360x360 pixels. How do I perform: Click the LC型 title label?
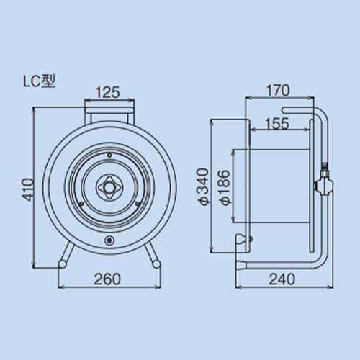click(x=39, y=81)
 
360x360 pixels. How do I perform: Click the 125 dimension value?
click(x=108, y=92)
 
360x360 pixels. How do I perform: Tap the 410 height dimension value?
click(x=28, y=189)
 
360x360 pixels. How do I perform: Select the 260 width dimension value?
click(x=107, y=279)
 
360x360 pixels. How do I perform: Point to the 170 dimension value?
click(x=278, y=90)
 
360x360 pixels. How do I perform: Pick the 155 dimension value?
click(x=277, y=124)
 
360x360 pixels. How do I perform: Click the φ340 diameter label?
click(x=202, y=187)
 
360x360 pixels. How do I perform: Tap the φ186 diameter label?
click(x=225, y=188)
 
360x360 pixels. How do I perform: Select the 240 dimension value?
click(x=282, y=279)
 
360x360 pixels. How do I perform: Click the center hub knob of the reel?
click(x=109, y=187)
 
